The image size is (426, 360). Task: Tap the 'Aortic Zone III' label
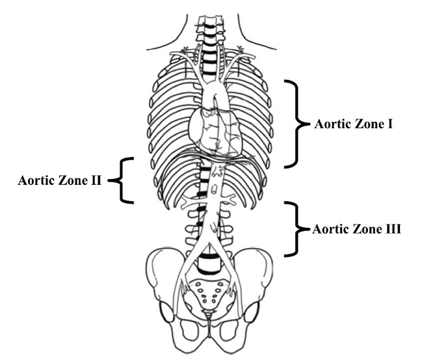pyautogui.click(x=357, y=229)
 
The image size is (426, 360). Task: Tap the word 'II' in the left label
pyautogui.click(x=95, y=180)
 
